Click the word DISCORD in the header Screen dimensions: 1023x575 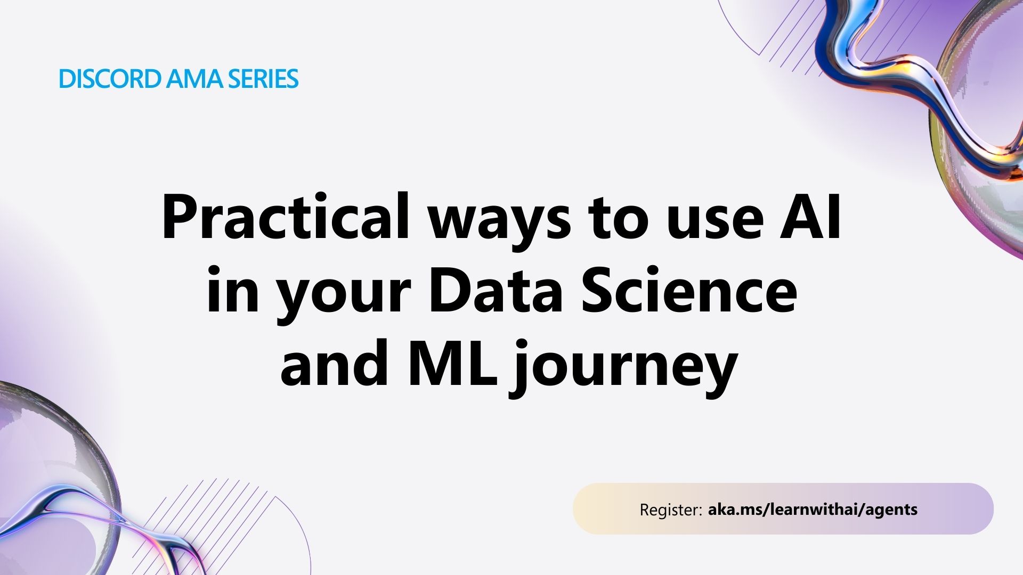pos(110,79)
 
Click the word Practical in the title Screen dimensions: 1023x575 pos(286,217)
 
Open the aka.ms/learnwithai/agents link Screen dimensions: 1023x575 pos(813,510)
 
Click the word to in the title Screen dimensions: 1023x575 pos(618,221)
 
